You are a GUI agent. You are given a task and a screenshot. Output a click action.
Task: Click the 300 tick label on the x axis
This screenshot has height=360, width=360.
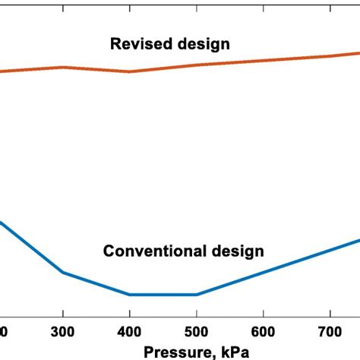(x=63, y=333)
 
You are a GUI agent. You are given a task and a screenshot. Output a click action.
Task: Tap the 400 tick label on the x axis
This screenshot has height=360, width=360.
(x=130, y=333)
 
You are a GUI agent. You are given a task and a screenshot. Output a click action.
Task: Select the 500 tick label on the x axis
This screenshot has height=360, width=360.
(x=197, y=333)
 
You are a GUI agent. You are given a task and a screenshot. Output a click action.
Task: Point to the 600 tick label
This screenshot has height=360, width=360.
(x=263, y=333)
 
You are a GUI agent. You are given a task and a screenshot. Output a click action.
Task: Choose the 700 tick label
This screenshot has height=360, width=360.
(x=330, y=333)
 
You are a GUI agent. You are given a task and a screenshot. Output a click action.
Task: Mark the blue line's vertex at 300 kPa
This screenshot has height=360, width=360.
(x=63, y=272)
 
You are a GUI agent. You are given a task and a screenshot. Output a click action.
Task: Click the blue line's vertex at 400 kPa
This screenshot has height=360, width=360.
(x=130, y=295)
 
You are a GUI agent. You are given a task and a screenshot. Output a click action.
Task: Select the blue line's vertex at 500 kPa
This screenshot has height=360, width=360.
(x=197, y=295)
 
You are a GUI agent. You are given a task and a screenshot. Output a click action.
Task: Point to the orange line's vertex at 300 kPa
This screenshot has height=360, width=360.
(x=63, y=67)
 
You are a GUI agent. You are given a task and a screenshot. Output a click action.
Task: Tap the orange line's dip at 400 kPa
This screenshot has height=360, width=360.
(x=130, y=72)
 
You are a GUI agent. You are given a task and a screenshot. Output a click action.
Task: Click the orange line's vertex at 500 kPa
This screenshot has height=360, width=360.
(x=197, y=65)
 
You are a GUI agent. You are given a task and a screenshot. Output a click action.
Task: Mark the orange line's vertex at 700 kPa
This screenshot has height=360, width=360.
(x=330, y=56)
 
